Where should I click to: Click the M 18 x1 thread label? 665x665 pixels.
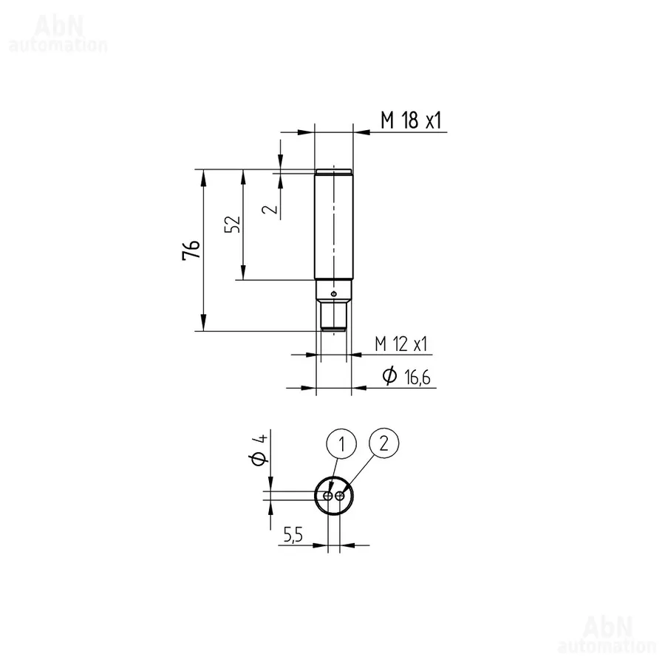point(411,120)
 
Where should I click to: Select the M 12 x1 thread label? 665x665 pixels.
point(400,344)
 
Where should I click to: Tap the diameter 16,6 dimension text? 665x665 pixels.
point(406,377)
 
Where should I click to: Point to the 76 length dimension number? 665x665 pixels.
point(191,250)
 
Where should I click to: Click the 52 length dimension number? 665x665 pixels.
point(233,224)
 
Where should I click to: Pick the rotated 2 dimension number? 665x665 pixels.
point(270,209)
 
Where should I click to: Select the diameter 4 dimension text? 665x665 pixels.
point(259,449)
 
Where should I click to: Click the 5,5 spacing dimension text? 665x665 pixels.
point(293,535)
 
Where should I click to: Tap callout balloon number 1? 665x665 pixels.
point(341,444)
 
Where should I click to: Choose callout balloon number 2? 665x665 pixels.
point(383,443)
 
